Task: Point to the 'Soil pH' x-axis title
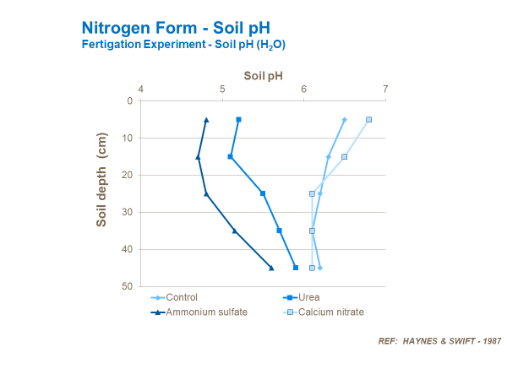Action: pos(263,76)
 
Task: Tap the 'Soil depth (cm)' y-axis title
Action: pos(102,179)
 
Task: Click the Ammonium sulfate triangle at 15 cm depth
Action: pos(199,156)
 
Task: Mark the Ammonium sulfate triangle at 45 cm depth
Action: pos(271,268)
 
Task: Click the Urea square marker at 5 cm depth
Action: pos(238,119)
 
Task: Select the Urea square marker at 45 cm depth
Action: pos(296,268)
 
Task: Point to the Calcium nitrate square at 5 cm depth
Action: pos(369,119)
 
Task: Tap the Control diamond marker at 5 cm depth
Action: pos(345,119)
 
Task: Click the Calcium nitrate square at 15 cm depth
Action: pos(345,156)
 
